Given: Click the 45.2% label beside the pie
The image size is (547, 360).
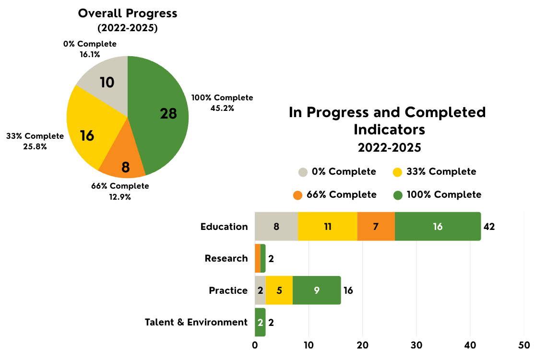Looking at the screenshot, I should coord(222,108).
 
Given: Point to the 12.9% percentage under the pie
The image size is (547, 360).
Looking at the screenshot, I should coord(119,197).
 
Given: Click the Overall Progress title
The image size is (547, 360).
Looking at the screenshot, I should coord(128,13).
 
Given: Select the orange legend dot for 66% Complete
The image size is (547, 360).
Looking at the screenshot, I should coord(298,195).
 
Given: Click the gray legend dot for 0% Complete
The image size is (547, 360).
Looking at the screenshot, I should coord(303,172).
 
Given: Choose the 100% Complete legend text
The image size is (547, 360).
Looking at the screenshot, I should coord(444,195).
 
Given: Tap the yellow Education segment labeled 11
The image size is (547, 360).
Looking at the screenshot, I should coord(328,227).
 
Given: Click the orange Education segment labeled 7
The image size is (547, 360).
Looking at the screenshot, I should coord(376,227).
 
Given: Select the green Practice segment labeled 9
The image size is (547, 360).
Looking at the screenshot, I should coord(317,290).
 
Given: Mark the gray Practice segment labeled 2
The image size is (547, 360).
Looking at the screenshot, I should coord(260,290).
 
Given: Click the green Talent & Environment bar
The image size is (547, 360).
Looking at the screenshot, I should coord(260,322).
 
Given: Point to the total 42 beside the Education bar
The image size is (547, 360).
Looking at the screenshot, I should coord(489,227).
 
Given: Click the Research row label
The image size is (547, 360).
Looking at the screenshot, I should coord(226,258).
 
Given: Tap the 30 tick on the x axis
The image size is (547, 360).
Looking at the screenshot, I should coord(416,345).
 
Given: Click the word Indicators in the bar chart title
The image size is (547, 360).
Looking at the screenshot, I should coord(389,130).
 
